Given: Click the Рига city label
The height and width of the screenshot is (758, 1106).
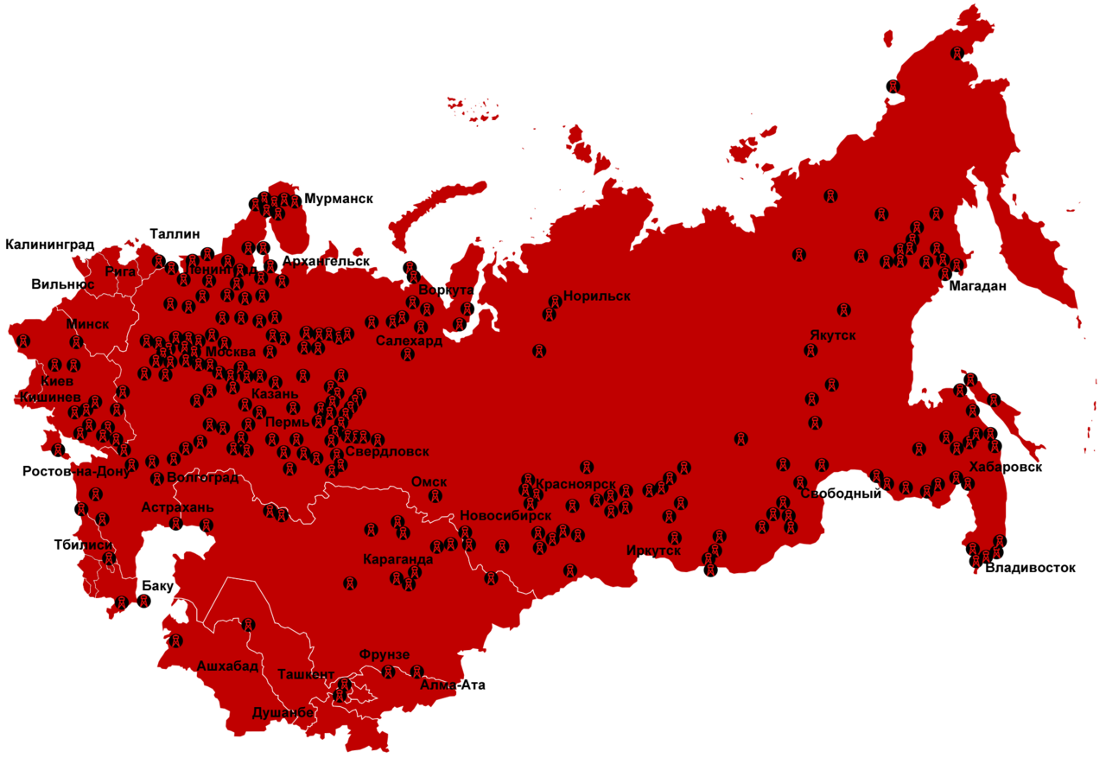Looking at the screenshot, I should point(120,271).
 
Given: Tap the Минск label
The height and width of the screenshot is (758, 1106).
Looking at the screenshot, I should point(88,324).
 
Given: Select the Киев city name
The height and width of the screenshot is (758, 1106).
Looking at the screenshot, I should point(57,380).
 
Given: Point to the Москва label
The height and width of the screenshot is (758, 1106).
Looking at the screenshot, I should point(231,352).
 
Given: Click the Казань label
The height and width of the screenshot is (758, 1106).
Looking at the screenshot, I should point(276,394).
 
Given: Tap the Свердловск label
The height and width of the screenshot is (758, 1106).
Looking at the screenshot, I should point(386,451).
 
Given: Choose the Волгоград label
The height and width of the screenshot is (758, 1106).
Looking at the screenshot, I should point(202,477).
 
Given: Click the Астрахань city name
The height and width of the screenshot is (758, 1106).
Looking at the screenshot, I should point(177,507).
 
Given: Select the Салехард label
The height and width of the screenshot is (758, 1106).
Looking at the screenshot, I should point(409,341).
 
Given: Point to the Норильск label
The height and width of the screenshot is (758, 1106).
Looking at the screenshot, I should point(596,296).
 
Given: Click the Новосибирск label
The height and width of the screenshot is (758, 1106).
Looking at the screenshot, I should point(505,515).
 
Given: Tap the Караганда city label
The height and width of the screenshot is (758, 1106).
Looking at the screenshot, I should point(398,559).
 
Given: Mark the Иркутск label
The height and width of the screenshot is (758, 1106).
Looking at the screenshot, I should point(653,551).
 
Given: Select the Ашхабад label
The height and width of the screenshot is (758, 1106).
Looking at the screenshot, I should point(227,666).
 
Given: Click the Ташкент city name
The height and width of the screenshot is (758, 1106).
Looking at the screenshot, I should point(306,673).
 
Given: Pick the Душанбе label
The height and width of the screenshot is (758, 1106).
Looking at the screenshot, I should point(283,713).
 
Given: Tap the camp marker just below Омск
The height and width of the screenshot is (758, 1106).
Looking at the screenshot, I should point(436,496).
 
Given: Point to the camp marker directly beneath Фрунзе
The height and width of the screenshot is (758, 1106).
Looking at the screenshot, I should point(389,672).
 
